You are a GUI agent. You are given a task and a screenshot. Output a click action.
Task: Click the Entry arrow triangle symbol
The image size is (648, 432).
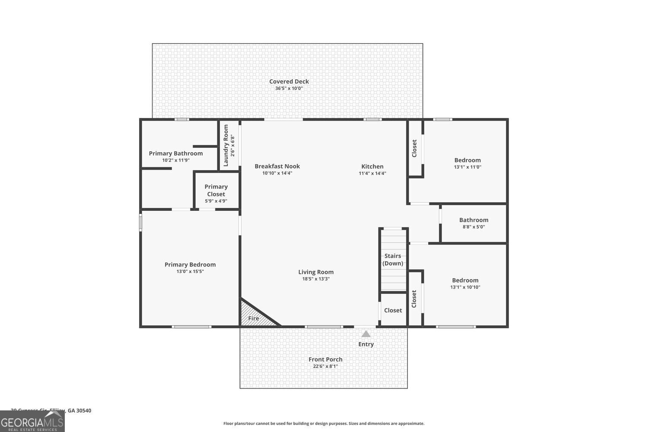366,334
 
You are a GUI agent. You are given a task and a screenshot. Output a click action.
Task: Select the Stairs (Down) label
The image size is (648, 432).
393,260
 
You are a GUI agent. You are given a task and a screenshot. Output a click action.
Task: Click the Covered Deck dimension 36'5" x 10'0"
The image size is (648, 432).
289,89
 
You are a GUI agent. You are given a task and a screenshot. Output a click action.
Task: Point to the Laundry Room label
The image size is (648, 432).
226,146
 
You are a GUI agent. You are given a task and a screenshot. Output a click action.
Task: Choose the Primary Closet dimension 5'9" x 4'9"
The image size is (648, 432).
216,201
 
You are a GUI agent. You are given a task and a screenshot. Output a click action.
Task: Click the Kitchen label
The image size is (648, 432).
372,166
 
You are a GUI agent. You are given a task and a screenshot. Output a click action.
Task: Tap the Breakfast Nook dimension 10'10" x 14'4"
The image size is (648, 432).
277,173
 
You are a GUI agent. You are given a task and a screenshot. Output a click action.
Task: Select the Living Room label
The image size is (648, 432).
316,272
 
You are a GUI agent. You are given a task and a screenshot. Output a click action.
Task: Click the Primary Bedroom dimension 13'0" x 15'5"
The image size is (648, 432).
190,272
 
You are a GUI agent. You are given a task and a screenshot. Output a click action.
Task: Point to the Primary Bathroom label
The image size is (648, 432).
176,153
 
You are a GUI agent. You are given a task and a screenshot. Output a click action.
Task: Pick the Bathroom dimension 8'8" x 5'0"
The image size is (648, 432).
473,227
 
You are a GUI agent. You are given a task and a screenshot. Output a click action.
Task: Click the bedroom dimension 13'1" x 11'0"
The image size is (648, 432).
467,167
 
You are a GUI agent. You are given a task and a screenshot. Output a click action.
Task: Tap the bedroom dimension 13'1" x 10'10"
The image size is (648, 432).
465,287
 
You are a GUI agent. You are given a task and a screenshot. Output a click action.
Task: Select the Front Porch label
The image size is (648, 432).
325,359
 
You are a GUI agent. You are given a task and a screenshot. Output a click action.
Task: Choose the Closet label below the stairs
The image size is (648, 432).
393,310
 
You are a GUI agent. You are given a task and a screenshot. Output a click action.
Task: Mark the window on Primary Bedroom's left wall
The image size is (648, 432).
140,222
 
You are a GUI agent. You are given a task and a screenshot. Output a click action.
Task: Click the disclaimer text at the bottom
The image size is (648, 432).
324,424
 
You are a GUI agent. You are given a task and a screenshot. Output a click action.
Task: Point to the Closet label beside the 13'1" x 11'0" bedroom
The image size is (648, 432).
414,148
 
